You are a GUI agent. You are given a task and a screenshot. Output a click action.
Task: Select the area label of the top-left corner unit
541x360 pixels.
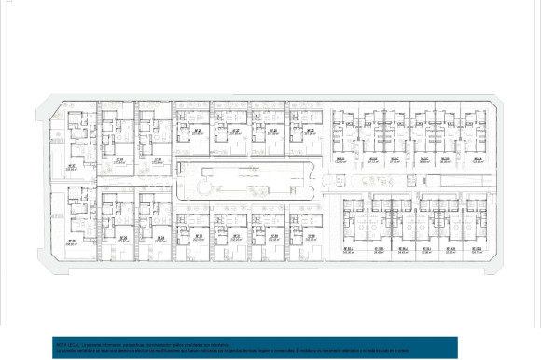(71, 168)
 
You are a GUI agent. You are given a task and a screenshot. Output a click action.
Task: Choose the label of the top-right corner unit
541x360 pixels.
(478, 159)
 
